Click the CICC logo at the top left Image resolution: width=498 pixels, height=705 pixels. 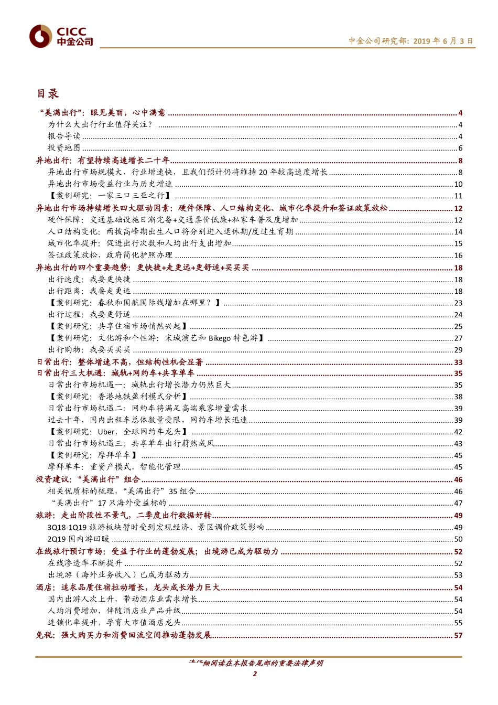pos(61,36)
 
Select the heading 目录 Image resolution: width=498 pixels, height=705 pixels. pos(47,94)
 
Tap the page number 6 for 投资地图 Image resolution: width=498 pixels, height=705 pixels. pos(460,148)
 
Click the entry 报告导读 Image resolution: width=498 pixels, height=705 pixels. pos(64,136)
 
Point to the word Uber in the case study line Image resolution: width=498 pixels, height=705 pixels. pos(106,432)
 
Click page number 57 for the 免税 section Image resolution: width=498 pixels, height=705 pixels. pos(458,635)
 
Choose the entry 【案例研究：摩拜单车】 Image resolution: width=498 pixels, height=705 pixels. pos(93,455)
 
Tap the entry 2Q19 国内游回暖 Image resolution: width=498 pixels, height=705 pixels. pos(79,539)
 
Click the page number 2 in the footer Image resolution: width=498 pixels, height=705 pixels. pos(255,674)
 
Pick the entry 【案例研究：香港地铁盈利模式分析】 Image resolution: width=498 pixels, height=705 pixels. pos(118,397)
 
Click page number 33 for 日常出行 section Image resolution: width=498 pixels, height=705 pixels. pos(458,362)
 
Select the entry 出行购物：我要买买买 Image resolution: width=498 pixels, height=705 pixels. pos(89,350)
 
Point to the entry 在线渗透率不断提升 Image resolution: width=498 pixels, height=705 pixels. pos(85,563)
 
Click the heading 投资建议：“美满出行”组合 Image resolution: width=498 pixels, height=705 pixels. pos(88,479)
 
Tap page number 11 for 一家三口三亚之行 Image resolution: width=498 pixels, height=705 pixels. pos(458,196)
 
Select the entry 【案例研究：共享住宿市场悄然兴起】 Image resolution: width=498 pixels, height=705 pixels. pos(118,326)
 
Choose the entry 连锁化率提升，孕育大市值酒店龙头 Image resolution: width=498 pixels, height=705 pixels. pos(114,623)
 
